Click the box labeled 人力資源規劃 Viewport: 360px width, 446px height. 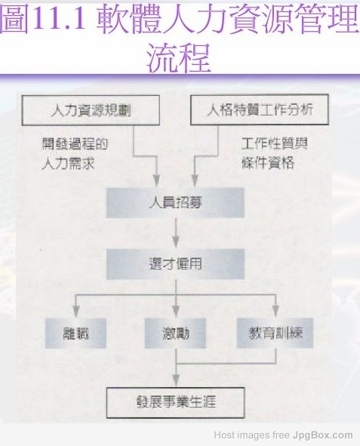[91, 110]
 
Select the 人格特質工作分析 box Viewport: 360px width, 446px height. [260, 109]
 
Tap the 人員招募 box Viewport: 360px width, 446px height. [175, 203]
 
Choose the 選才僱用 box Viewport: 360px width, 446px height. [175, 264]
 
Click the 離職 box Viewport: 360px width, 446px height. [75, 334]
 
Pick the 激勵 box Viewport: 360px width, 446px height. [175, 334]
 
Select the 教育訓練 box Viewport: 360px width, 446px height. [275, 334]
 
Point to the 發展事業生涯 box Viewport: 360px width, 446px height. [175, 402]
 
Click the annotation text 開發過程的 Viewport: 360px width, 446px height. [75, 144]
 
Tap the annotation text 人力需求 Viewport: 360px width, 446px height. [68, 164]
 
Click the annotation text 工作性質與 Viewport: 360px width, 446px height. [275, 143]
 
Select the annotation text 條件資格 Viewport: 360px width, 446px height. [268, 163]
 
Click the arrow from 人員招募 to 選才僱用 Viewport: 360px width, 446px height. [176, 233]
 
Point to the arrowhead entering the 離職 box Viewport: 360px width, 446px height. [76, 312]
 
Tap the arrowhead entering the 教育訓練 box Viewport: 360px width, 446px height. [275, 312]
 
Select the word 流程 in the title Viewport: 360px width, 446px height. [178, 58]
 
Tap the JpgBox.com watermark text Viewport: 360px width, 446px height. [322, 435]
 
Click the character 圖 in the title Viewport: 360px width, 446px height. [15, 18]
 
